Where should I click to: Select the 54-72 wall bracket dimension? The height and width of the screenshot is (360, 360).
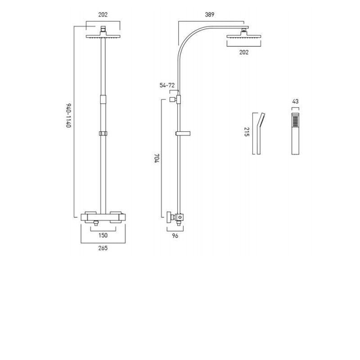[167, 85]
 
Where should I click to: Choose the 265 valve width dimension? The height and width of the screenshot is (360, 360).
[103, 248]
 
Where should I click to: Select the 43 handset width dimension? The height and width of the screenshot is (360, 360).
[295, 102]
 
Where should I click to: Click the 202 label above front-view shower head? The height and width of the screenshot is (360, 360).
[103, 14]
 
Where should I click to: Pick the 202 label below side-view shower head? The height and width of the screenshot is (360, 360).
[243, 52]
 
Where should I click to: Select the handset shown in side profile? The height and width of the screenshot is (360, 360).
[258, 133]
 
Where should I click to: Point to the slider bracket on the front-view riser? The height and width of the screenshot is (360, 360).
[103, 134]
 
